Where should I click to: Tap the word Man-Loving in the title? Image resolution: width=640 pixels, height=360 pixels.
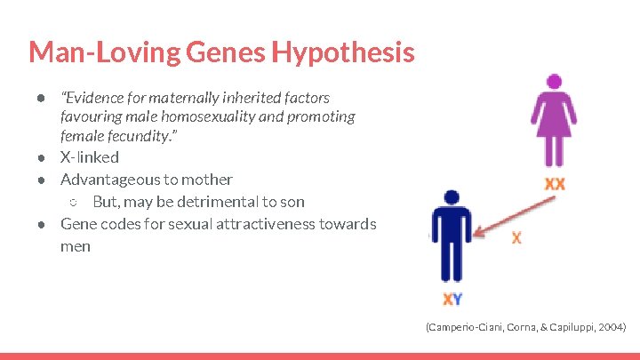[x=105, y=53]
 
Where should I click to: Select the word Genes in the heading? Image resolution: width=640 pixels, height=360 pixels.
[x=225, y=53]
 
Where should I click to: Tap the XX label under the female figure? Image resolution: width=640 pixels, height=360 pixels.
[x=555, y=184]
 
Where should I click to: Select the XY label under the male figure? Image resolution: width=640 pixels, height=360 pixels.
[x=452, y=300]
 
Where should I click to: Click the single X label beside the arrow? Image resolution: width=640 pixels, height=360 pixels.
[x=517, y=238]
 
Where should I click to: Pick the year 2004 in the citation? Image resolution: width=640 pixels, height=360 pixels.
[x=611, y=328]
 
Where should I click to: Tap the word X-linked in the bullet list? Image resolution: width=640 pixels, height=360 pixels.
[x=89, y=157]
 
